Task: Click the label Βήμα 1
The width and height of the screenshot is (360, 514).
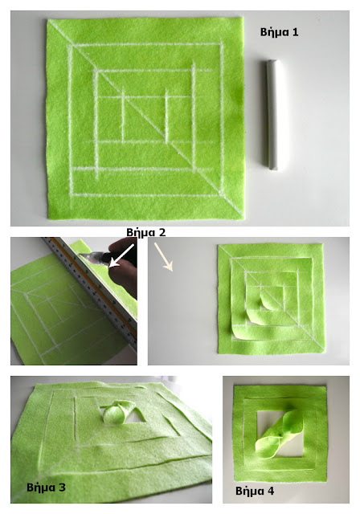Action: click(x=280, y=32)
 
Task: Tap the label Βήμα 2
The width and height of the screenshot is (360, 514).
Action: click(x=146, y=232)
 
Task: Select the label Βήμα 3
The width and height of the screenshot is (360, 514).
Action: click(x=46, y=487)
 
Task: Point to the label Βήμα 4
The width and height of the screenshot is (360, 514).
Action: click(x=255, y=491)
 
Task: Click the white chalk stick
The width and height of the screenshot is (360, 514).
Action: click(x=272, y=114)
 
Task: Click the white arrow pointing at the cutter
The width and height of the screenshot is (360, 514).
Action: click(x=121, y=256)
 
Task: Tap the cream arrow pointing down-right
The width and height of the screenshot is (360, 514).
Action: click(x=164, y=257)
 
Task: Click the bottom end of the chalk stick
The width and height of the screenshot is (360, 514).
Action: click(x=273, y=169)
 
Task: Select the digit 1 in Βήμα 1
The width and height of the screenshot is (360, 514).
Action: click(x=295, y=32)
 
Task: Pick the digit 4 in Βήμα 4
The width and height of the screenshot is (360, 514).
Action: click(x=271, y=491)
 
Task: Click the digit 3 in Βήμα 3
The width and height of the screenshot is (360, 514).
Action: click(x=62, y=487)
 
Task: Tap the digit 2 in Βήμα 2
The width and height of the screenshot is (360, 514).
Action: click(x=162, y=232)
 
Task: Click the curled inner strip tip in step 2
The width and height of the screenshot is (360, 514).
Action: click(x=264, y=300)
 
